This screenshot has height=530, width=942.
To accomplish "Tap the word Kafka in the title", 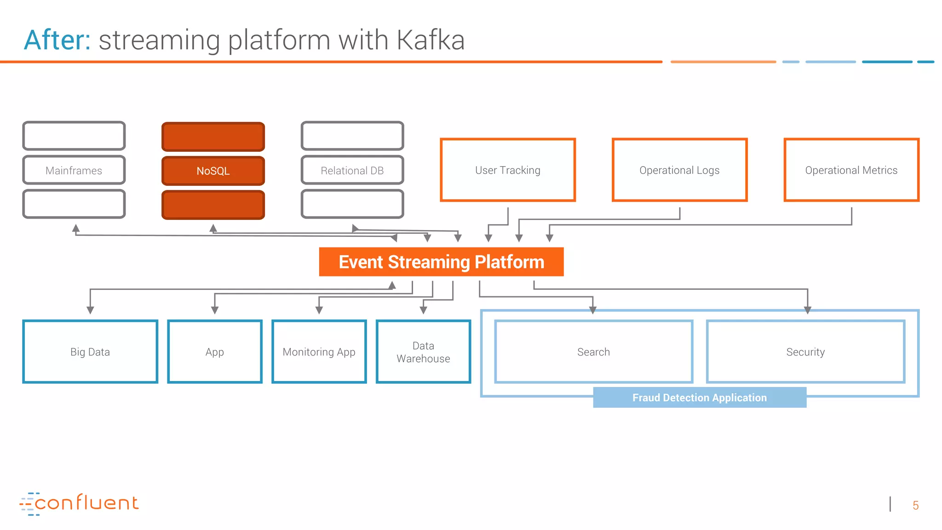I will pos(430,40).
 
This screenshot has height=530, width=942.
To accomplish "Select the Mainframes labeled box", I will pos(74,170).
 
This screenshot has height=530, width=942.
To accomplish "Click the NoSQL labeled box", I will pos(213,171).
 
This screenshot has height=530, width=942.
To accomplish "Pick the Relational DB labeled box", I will pos(352,170).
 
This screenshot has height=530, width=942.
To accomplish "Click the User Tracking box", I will pos(508,170).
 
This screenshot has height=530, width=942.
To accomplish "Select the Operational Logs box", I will pos(679,170).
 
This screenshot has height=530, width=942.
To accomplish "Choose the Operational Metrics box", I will pos(851,170).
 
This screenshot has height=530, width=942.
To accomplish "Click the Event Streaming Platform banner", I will pos(441,262).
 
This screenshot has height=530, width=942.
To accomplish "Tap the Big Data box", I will pos(90,351).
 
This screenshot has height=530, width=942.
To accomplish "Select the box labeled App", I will pos(215,351).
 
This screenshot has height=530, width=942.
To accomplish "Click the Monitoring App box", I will pos(319,351).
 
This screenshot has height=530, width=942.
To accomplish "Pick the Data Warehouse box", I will pos(423,351).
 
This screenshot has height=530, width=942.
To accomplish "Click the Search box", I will pos(593,351).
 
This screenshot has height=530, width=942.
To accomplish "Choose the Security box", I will pos(805,351).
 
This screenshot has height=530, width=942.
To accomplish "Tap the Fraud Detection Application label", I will pos(699,397).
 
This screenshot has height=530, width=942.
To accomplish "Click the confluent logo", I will pos(79,503).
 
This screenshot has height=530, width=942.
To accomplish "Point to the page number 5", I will pos(915,505).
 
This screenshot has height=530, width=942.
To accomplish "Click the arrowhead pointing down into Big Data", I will pos(90,310).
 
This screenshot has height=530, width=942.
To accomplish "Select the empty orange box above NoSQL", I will pos(213,137).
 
